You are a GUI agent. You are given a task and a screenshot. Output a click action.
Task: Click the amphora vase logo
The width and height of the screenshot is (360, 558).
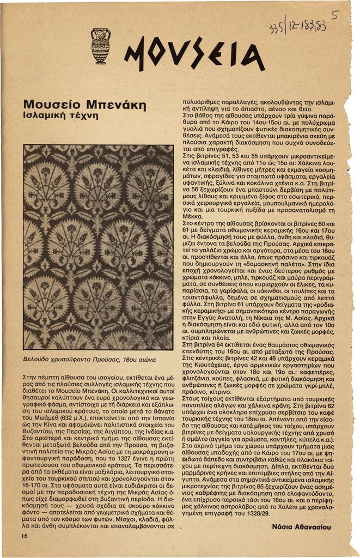pyautogui.click(x=100, y=46)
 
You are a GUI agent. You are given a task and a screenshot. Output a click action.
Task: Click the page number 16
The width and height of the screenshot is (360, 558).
pyautogui.click(x=25, y=536)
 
